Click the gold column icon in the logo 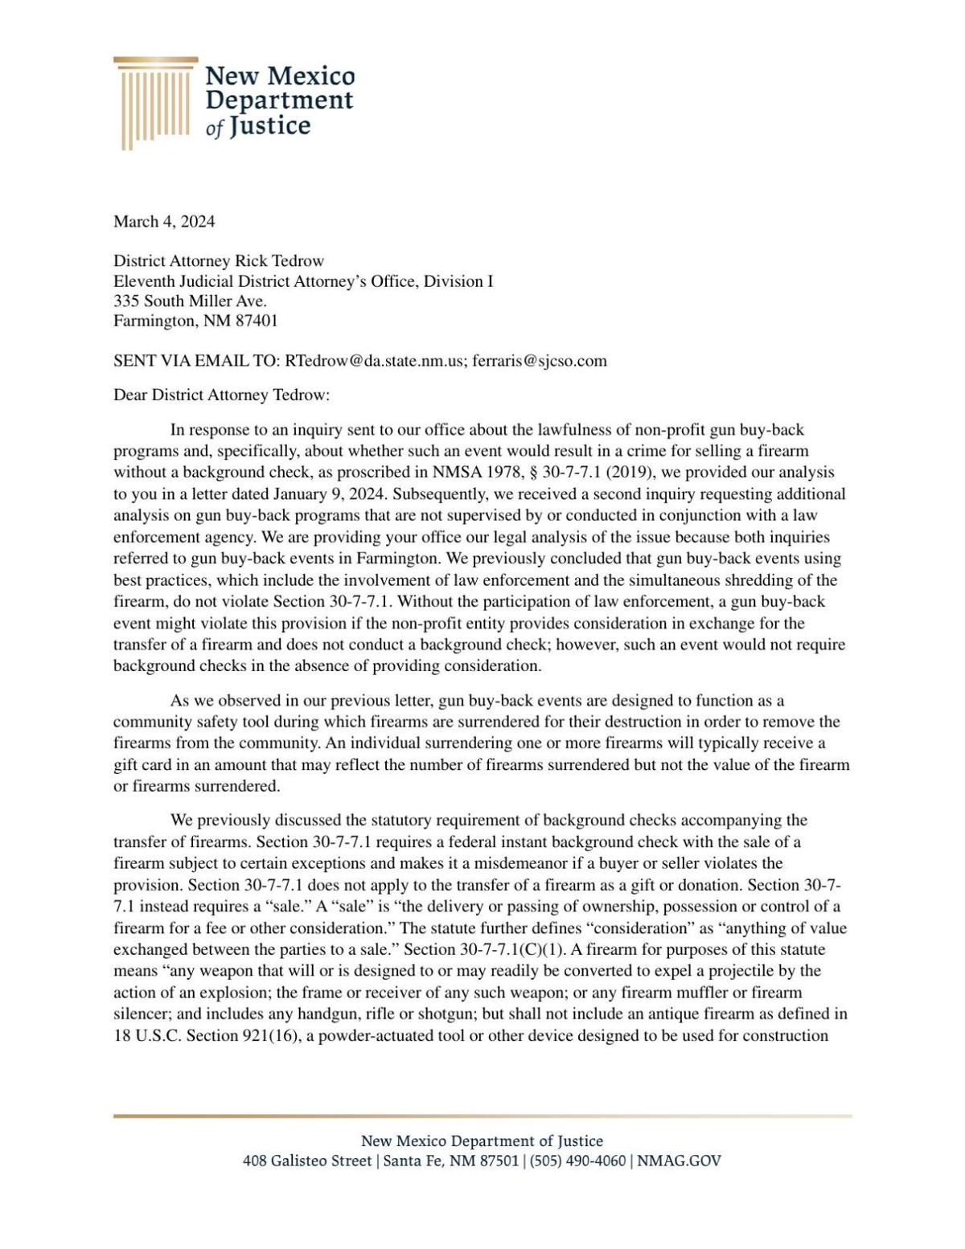pyautogui.click(x=154, y=103)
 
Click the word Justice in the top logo pyautogui.click(x=269, y=126)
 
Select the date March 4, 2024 pyautogui.click(x=164, y=222)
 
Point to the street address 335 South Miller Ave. pyautogui.click(x=190, y=301)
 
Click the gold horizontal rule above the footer pyautogui.click(x=482, y=1116)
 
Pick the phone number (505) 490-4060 pyautogui.click(x=577, y=1161)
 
